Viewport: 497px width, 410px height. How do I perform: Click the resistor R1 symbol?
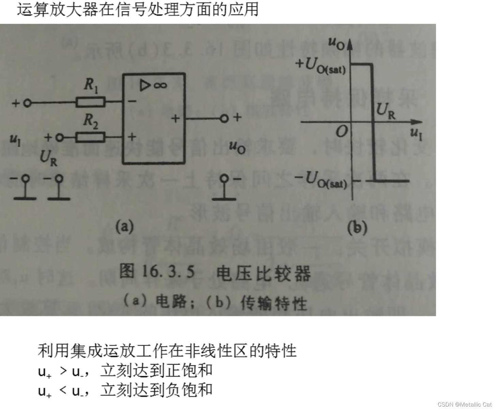coord(90,102)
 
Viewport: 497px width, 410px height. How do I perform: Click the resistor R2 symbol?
coord(90,137)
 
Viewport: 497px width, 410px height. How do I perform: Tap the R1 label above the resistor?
coord(91,85)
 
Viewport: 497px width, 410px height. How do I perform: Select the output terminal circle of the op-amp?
coord(224,119)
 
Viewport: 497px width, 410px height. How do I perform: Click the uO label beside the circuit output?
coord(237,147)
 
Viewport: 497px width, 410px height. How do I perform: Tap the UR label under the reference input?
coord(48,157)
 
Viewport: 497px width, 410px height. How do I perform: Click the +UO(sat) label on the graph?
coord(321,66)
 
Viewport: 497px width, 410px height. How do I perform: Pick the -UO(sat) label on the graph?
coord(321,180)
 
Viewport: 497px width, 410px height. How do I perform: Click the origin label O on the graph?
coord(342,131)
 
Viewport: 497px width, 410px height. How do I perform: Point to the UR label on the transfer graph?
coord(386,110)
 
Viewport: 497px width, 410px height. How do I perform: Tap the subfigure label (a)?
coord(124,226)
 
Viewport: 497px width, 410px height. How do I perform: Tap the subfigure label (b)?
coord(357,228)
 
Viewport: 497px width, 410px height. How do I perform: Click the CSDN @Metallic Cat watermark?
coord(465,404)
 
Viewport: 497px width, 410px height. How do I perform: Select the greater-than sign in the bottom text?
coord(63,370)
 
